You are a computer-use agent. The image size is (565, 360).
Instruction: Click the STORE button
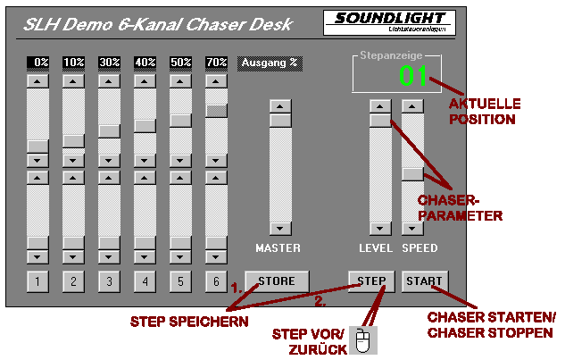click(277, 281)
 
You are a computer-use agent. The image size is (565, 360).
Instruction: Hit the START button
click(423, 281)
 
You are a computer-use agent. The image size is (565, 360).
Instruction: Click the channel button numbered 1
click(37, 283)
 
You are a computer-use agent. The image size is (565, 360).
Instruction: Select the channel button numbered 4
click(145, 283)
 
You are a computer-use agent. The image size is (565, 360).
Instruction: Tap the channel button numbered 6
click(216, 283)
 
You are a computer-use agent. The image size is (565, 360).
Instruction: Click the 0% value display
click(37, 63)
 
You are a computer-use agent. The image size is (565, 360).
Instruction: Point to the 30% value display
click(109, 63)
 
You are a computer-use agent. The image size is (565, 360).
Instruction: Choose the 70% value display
click(216, 63)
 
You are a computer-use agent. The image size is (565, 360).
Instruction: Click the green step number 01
click(413, 77)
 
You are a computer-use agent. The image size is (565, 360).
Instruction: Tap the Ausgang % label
click(268, 63)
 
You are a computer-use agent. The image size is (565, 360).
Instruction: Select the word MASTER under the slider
click(278, 247)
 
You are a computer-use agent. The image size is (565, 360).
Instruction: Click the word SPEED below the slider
click(420, 247)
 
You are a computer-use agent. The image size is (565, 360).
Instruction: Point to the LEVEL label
click(376, 247)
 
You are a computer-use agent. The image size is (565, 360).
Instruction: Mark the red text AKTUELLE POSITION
click(484, 111)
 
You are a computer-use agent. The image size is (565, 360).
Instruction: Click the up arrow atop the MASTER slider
click(281, 106)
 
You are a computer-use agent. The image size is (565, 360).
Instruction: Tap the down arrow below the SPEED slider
click(411, 228)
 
